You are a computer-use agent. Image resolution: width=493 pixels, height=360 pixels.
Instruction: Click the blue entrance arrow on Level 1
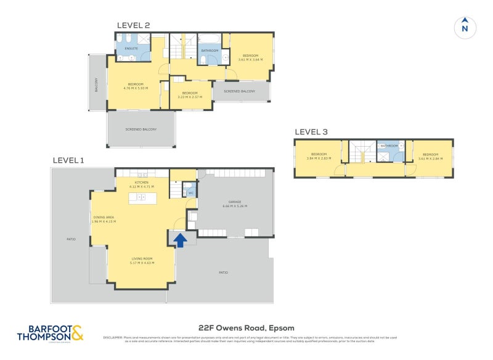180,239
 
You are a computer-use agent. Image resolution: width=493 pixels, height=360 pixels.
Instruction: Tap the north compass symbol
465,28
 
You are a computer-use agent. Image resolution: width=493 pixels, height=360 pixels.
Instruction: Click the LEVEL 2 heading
134,25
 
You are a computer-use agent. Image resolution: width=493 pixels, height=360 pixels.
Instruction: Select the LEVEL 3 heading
311,132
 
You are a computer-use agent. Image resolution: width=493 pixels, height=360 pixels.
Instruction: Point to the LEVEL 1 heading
68,160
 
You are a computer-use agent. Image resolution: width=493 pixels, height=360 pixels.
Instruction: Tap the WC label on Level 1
190,192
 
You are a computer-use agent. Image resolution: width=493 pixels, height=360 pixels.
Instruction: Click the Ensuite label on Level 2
131,48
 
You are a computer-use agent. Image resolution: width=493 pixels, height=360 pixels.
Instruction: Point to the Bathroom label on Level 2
210,51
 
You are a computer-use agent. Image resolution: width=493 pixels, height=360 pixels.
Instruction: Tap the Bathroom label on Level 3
389,146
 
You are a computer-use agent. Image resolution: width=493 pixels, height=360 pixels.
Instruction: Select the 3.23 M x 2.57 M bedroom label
190,94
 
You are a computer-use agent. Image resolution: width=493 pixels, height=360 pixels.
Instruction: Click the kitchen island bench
142,198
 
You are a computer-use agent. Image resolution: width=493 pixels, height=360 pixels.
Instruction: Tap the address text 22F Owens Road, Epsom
246,327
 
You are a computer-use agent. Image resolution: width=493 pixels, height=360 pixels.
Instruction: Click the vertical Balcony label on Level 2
97,83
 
